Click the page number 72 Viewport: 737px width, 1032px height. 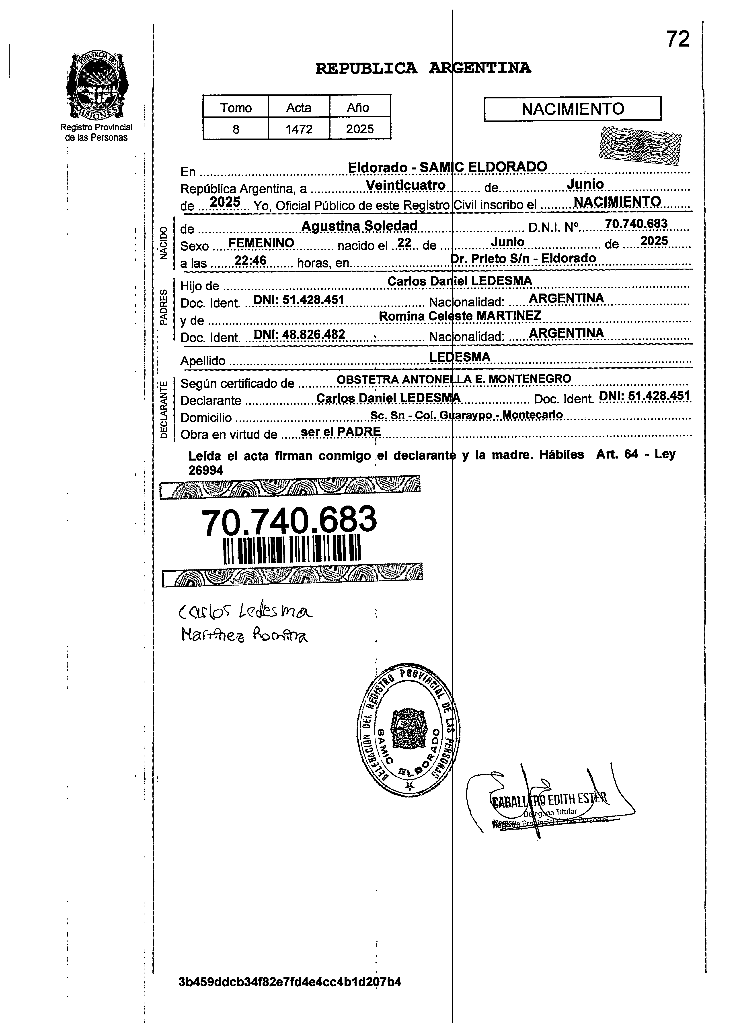(x=677, y=39)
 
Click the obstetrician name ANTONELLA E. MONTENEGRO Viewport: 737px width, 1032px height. (x=487, y=379)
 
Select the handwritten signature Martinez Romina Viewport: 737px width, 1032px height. (x=244, y=636)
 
